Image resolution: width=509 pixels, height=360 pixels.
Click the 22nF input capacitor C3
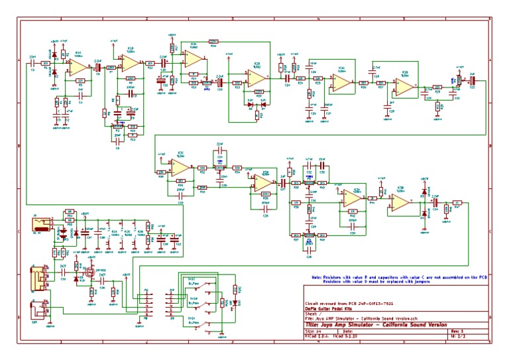pyautogui.click(x=32, y=64)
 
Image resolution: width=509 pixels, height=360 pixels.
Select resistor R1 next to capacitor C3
pyautogui.click(x=46, y=64)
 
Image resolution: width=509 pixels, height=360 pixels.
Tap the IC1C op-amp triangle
pyautogui.click(x=74, y=66)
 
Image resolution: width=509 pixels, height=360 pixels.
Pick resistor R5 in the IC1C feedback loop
pyautogui.click(x=80, y=81)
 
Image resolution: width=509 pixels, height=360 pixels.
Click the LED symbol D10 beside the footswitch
pyautogui.click(x=235, y=289)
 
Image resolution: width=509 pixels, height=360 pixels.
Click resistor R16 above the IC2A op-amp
pyautogui.click(x=213, y=40)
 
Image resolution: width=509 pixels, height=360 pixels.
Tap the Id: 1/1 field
pyautogui.click(x=458, y=337)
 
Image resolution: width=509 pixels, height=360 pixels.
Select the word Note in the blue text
pyautogui.click(x=318, y=277)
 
